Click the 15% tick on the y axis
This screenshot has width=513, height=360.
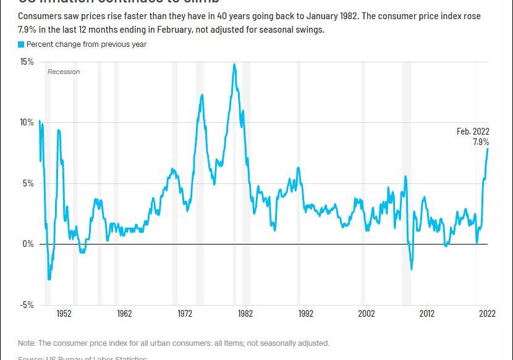click(x=27, y=62)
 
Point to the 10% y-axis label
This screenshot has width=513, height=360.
click(x=27, y=122)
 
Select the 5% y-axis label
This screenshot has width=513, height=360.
click(x=28, y=183)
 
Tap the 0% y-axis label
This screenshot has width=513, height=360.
click(x=28, y=244)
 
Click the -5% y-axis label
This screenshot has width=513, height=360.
click(x=27, y=304)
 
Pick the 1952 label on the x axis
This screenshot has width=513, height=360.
click(x=64, y=314)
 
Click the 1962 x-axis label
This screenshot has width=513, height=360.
click(x=124, y=314)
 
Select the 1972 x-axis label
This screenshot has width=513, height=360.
click(x=185, y=314)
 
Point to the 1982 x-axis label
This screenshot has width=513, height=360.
click(x=245, y=314)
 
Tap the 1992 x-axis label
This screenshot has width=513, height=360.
click(x=305, y=314)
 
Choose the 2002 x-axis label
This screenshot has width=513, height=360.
click(x=366, y=314)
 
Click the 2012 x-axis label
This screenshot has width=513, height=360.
click(x=426, y=314)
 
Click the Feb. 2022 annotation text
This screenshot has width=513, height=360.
click(x=473, y=132)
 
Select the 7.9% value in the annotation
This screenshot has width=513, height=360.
click(x=481, y=142)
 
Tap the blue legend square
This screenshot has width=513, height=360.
click(x=21, y=44)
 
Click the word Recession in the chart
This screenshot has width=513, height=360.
click(x=64, y=72)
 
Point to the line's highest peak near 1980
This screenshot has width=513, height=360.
click(x=234, y=64)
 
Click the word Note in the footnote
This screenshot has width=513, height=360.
click(x=27, y=343)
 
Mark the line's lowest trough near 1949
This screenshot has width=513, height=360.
click(x=49, y=280)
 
